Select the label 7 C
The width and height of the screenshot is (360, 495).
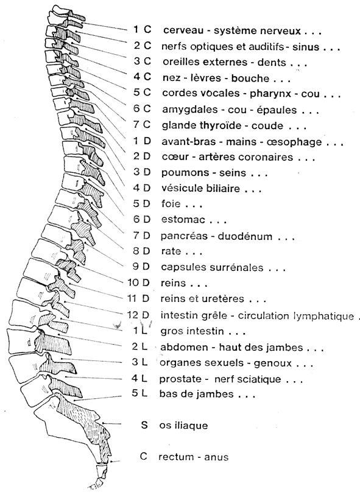(x=142, y=125)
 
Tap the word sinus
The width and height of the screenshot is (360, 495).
(x=306, y=47)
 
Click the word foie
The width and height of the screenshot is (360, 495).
(x=171, y=203)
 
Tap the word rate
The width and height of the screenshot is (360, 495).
(x=171, y=251)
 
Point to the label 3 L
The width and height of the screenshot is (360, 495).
(x=140, y=362)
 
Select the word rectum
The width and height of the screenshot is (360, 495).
(x=176, y=457)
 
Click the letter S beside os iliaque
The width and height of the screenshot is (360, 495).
(x=144, y=425)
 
